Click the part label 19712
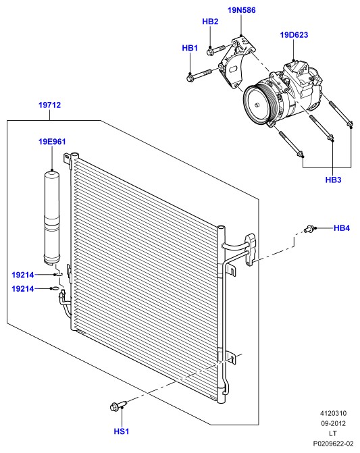(x=50, y=105)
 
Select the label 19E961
(x=52, y=142)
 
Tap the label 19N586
(x=242, y=10)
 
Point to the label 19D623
(x=294, y=35)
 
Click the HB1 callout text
(x=190, y=48)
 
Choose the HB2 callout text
(x=210, y=22)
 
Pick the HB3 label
(x=333, y=180)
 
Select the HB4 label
(x=342, y=228)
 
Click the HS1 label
(x=122, y=431)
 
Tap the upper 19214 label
(x=23, y=275)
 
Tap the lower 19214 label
(x=23, y=289)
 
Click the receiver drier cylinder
(x=51, y=217)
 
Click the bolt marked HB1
(x=200, y=74)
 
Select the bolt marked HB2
(x=216, y=49)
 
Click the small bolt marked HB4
(x=309, y=230)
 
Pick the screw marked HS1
(x=118, y=405)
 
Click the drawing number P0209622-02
(x=333, y=443)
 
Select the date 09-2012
(x=333, y=423)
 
